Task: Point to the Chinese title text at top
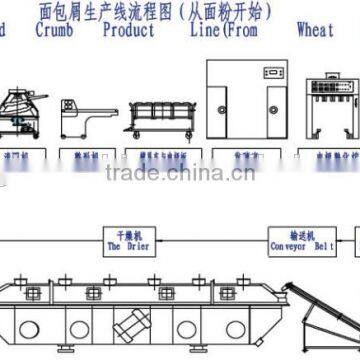point(179,10)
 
